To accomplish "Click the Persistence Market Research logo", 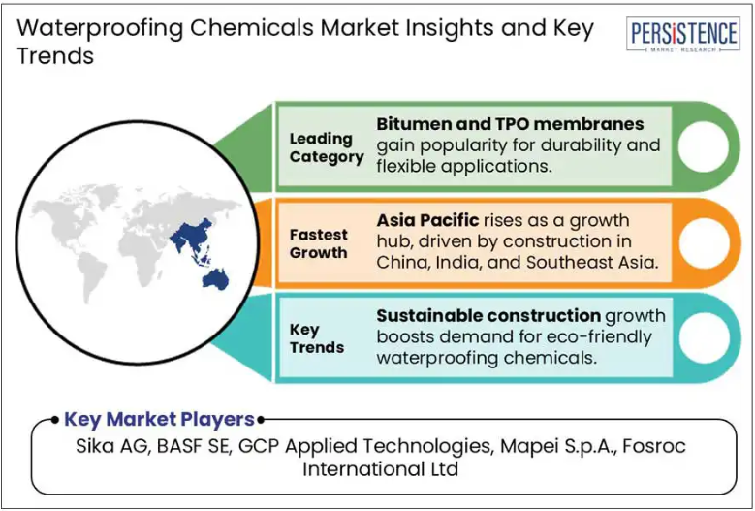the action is point(682,34).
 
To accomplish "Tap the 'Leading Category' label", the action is point(327,147).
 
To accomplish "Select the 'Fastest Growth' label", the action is point(318,243).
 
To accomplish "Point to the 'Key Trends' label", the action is point(316,338).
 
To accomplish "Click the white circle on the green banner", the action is point(703,146).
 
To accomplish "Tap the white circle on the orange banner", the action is point(704,242).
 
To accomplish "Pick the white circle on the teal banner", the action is point(704,337).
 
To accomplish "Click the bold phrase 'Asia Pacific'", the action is point(427,220).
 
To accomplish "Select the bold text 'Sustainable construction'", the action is point(488,315).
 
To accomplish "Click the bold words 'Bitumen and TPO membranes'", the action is point(510,124).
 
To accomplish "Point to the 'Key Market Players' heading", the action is point(159,419).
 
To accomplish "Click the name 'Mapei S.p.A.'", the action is point(558,446).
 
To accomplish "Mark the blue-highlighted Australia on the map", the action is point(215,278).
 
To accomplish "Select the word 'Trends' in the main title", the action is point(55,55).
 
